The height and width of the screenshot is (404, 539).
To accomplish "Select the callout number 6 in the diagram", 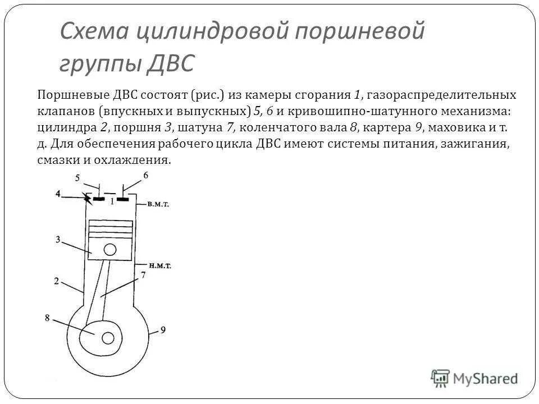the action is coord(146,176).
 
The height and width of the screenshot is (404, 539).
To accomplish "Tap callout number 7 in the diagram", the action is coord(143,275).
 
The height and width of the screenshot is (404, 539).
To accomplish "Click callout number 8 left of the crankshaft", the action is coord(48,318).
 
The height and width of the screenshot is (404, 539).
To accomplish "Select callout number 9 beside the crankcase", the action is coord(163,329).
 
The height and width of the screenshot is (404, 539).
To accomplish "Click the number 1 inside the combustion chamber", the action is coord(112,200).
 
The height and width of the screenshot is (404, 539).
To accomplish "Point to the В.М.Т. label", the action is coord(159,205).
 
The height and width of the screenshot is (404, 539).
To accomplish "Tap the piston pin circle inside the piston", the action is coord(111,249).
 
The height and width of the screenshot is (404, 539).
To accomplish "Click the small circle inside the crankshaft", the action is coord(108,337).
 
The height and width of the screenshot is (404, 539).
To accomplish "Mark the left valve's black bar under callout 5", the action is coord(99,199).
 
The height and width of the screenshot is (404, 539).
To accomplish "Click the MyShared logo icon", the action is coord(441,377).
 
